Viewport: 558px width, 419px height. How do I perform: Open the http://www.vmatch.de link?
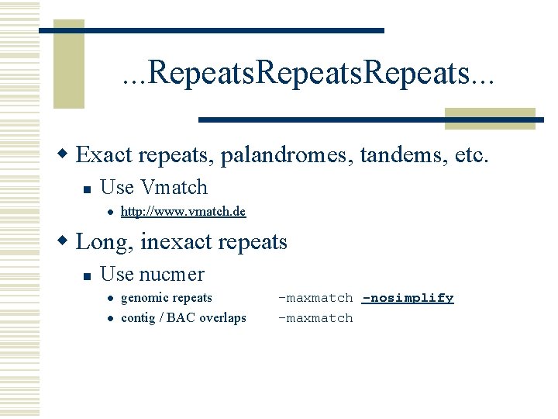click(x=183, y=212)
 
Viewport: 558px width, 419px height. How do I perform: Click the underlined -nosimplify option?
click(x=408, y=298)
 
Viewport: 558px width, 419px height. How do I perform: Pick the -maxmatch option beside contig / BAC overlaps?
click(x=315, y=318)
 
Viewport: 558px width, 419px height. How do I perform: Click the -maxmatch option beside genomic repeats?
click(x=315, y=298)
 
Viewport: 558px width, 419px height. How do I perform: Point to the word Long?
click(x=105, y=242)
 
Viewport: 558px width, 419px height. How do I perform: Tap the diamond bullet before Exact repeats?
click(x=66, y=155)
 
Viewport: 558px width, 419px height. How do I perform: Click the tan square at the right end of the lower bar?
click(x=490, y=119)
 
